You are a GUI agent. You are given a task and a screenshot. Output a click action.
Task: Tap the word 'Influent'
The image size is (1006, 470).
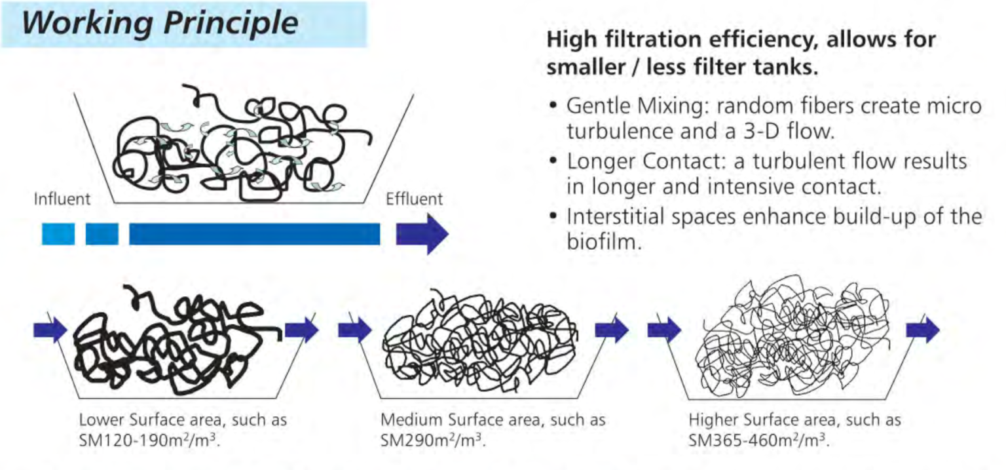pos(62,199)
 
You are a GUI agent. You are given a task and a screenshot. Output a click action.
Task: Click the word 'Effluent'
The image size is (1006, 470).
pos(414,199)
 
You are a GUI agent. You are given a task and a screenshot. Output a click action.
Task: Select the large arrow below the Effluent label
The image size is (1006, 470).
pos(422,234)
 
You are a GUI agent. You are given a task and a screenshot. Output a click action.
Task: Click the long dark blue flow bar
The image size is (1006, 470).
pos(254,234)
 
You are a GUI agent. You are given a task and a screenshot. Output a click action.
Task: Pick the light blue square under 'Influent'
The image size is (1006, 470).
pos(58,234)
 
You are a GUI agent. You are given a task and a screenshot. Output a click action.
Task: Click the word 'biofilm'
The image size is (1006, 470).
pos(601,243)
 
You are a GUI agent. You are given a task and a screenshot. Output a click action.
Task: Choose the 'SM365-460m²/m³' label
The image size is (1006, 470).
pos(758,439)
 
